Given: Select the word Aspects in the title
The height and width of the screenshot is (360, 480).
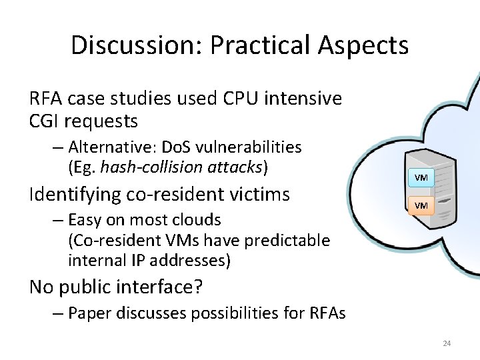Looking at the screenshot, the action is click(x=363, y=45).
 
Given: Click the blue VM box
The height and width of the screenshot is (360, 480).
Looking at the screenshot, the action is click(x=421, y=178).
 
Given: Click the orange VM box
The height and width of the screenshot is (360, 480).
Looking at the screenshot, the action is click(x=421, y=205).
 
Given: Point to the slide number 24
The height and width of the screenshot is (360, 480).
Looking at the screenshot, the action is click(x=447, y=343).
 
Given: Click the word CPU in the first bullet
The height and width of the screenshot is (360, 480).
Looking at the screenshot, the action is click(x=237, y=99).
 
